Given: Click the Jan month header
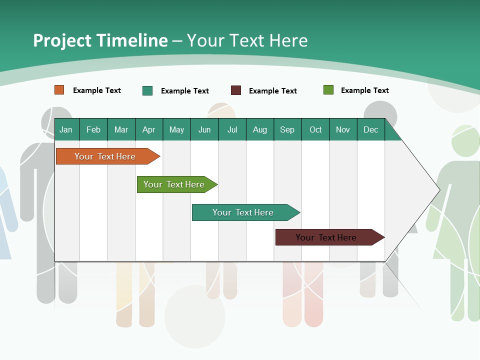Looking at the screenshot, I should (x=66, y=129).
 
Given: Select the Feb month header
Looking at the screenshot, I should (x=93, y=129).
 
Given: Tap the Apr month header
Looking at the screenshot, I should (x=149, y=129).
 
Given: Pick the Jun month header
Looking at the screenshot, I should (x=204, y=129).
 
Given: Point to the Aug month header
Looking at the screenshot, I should (x=260, y=129).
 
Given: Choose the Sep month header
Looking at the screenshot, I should (x=287, y=129).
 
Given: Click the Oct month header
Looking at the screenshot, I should (x=315, y=129).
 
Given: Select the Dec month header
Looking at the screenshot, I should (x=371, y=129).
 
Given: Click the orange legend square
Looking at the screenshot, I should (x=59, y=90).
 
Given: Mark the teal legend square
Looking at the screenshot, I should (x=147, y=90).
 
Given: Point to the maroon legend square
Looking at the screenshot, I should (x=236, y=90).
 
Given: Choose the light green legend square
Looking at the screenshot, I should (x=328, y=90).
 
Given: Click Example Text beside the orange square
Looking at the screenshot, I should (x=97, y=90).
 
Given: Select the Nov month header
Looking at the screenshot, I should (x=343, y=129).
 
